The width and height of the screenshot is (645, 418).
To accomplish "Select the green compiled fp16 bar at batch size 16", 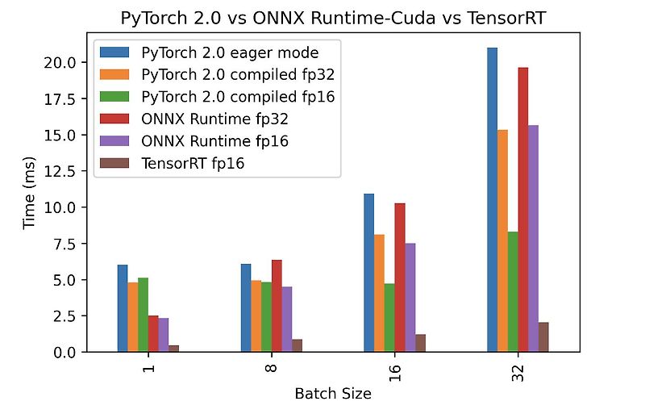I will pos(389,318).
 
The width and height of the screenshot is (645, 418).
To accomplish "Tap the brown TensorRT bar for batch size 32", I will pos(543,337).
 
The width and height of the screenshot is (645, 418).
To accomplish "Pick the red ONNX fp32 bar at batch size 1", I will pos(153,334).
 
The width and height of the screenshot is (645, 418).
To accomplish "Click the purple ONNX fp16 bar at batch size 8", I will pos(287,320).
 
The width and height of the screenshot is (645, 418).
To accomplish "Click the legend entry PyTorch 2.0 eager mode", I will pos(218,52).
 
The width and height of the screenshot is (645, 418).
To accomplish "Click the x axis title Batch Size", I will pos(333,394).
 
